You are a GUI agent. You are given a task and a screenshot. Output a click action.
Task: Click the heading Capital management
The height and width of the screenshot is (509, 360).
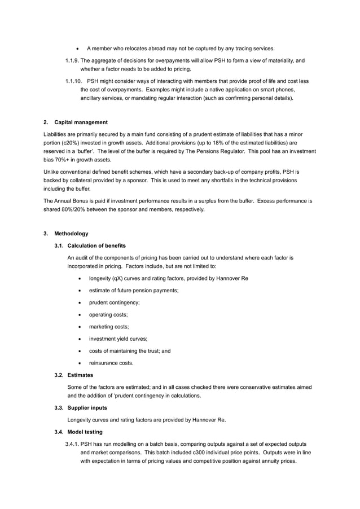[x=81, y=122]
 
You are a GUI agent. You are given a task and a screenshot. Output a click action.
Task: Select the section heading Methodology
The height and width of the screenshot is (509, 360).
[x=71, y=233]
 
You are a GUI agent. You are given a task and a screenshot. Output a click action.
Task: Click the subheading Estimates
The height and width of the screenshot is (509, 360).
[x=80, y=375]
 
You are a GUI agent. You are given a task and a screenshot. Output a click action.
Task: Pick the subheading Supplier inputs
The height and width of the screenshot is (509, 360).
[x=89, y=408]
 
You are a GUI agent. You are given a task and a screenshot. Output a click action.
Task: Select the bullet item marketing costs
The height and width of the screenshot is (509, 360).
[x=109, y=327]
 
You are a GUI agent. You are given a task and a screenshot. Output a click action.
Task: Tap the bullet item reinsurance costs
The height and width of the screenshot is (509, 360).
[x=111, y=363]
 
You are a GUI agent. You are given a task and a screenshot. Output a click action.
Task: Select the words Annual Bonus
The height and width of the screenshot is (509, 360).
[x=71, y=201]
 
